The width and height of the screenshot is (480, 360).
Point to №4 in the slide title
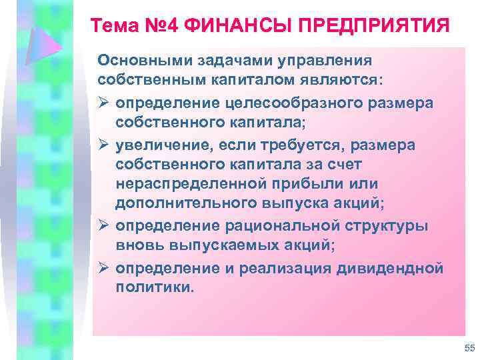point(163,27)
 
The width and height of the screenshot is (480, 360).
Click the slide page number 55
point(468,349)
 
